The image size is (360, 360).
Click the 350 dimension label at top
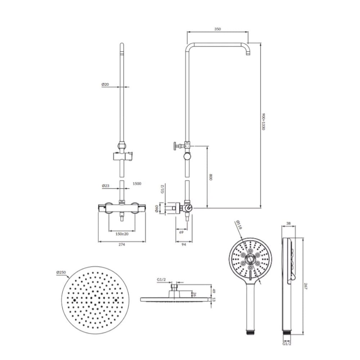(217, 29)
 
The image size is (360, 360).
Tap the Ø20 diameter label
(105, 84)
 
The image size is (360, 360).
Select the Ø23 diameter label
(105, 185)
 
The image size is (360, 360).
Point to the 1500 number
(137, 184)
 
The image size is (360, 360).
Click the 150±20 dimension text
(122, 234)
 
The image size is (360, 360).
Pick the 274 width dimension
(122, 244)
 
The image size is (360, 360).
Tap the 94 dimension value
(184, 244)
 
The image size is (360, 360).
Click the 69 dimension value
(181, 232)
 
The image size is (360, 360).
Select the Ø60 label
(157, 208)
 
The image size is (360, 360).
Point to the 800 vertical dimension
(211, 177)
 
